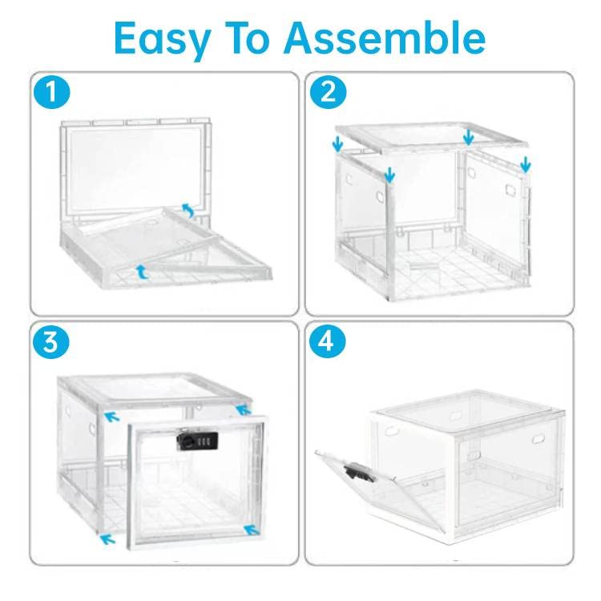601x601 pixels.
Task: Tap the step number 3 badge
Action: [52, 342]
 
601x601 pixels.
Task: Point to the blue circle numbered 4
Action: [327, 342]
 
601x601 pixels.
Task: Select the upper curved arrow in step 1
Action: [188, 211]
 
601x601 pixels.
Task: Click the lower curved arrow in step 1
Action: [142, 272]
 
